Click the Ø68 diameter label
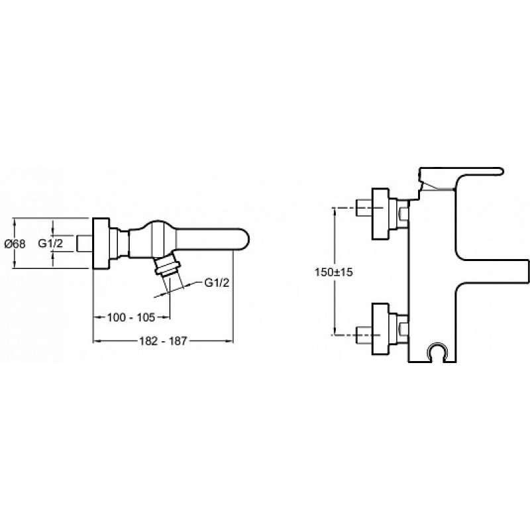[15, 244]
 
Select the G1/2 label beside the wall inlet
[50, 243]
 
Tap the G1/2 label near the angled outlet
[217, 283]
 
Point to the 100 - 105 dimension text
[131, 317]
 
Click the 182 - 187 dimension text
[163, 341]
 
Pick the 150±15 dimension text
[334, 272]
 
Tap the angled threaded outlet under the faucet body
[167, 266]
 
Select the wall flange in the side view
[101, 243]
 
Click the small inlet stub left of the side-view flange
[85, 243]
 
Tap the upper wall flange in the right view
[380, 214]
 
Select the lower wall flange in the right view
[380, 329]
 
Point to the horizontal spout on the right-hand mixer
[493, 272]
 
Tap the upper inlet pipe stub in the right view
[364, 209]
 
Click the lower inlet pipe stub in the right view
[364, 335]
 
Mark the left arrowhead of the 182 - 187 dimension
[97, 341]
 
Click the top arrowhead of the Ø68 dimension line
[15, 222]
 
